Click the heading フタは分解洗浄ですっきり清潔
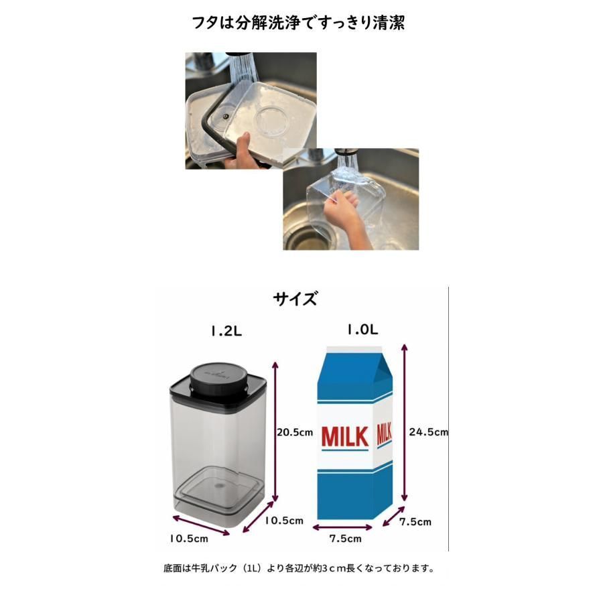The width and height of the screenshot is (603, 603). [298, 23]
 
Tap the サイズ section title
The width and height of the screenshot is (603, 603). [295, 299]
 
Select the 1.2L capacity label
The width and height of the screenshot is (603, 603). [226, 331]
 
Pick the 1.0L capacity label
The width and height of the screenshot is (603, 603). [362, 329]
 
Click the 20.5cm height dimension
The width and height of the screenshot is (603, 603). [295, 432]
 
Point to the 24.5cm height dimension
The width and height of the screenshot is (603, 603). [428, 432]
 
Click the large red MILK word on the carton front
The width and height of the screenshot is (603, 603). [345, 438]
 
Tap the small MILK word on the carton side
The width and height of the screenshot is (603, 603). [384, 434]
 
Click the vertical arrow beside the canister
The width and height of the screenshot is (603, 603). [275, 431]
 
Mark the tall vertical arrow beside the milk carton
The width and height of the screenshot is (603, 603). [404, 422]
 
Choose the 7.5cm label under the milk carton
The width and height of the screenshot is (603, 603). [345, 539]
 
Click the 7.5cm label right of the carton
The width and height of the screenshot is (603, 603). [415, 522]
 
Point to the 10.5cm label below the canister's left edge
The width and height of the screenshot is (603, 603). [189, 539]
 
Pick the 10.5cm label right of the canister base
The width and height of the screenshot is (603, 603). [284, 521]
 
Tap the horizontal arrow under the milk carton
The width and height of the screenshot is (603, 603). [342, 527]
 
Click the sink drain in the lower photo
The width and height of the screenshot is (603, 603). [308, 239]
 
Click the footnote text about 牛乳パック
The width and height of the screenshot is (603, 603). [299, 568]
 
